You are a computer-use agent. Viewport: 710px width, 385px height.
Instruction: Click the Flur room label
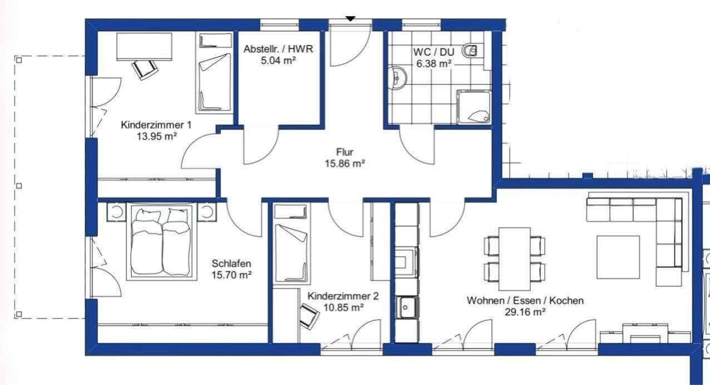point(344,152)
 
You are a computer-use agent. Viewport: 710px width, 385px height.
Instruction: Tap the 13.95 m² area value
point(156,136)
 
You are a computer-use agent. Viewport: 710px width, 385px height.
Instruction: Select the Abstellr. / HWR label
point(278,49)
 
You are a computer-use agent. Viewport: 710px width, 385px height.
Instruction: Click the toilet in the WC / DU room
point(470,51)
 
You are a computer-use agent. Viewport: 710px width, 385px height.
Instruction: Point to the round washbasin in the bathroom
point(397,77)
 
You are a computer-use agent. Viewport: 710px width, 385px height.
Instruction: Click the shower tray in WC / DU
point(474,107)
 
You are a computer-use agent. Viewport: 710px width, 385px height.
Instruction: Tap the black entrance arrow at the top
point(350,19)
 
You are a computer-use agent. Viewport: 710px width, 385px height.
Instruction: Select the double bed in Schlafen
point(162,242)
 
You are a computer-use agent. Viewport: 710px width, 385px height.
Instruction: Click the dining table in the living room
point(515,259)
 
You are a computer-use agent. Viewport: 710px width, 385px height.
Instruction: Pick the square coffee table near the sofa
point(618,257)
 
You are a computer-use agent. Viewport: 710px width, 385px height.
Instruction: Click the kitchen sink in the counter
point(407,307)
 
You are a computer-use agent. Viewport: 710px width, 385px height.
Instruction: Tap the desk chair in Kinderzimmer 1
point(145,69)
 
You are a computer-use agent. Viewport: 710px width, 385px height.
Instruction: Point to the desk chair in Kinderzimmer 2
point(309,315)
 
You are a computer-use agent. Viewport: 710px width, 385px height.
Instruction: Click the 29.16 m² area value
point(525,312)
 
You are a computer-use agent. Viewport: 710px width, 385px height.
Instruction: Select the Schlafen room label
point(231,263)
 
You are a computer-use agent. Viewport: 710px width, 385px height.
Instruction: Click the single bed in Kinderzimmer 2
point(292,243)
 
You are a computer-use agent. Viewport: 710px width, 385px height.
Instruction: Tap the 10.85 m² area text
point(343,307)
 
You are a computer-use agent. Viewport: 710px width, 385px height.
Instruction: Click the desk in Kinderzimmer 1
point(145,47)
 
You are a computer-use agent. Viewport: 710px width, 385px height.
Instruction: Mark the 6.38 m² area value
point(434,63)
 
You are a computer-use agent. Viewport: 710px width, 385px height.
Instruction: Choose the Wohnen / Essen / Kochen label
point(525,300)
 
